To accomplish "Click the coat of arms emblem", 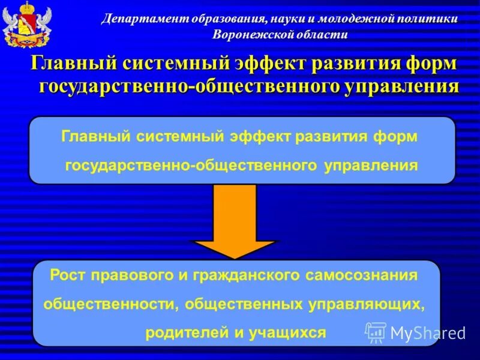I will [x=19, y=25].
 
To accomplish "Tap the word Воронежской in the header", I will [x=249, y=34].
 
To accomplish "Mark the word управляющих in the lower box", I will [x=367, y=304].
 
